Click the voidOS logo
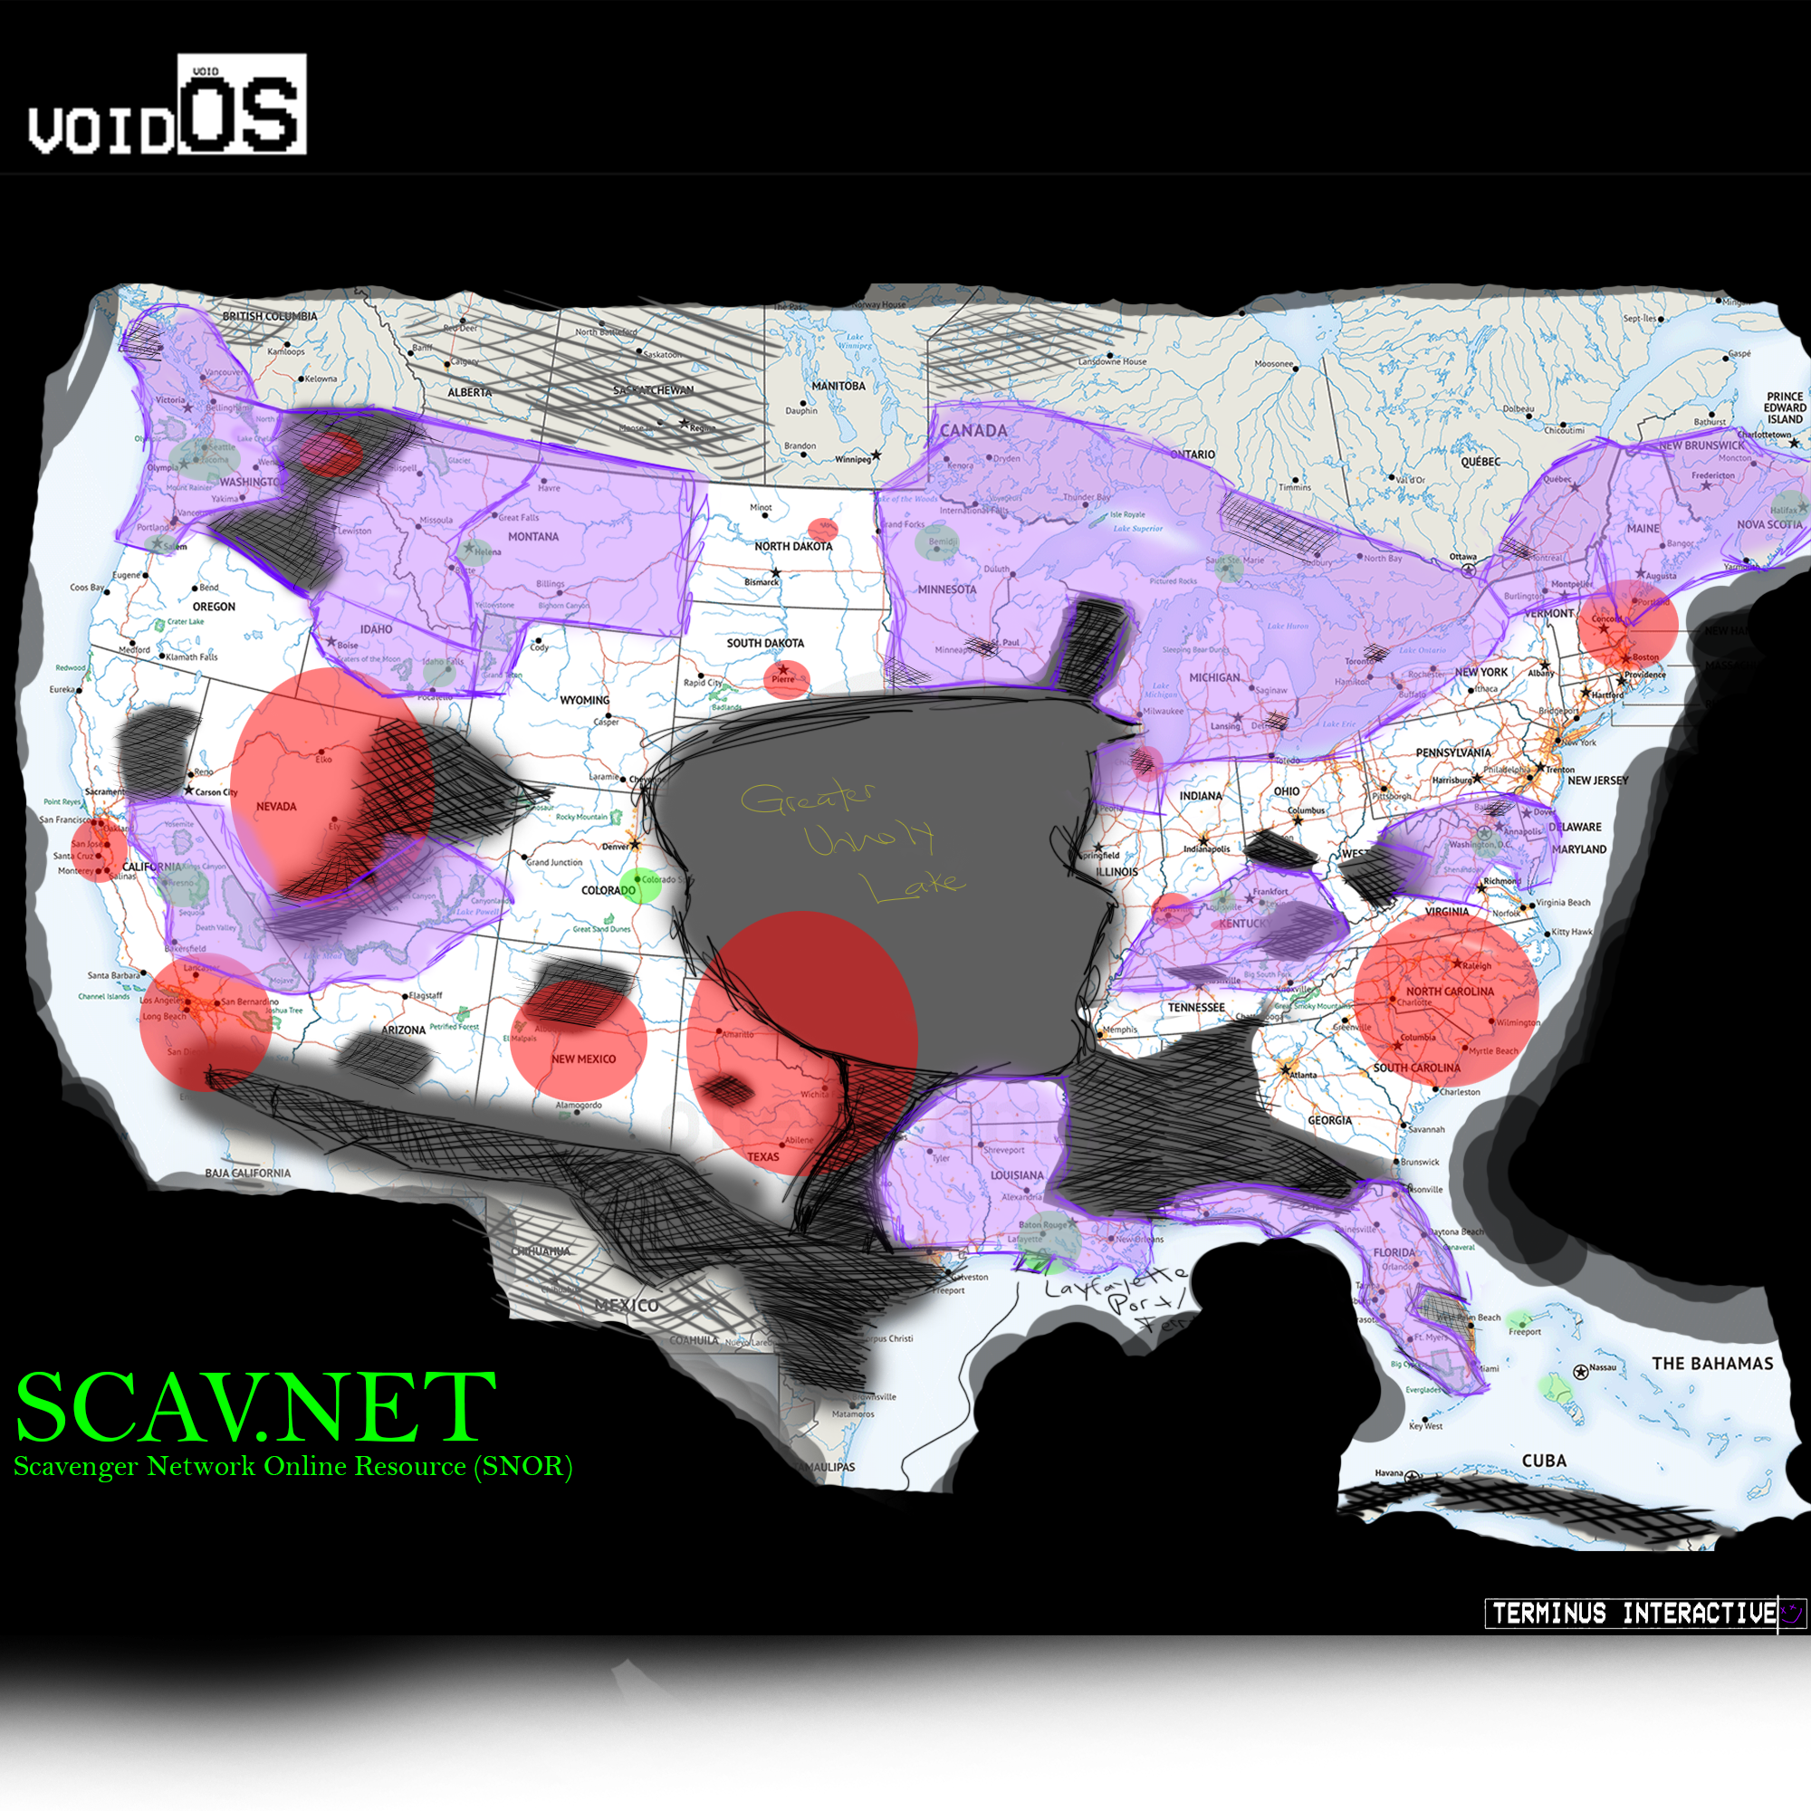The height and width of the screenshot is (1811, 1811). pyautogui.click(x=167, y=105)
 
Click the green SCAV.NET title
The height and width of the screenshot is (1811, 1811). pyautogui.click(x=255, y=1407)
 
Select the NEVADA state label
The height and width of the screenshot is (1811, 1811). pyautogui.click(x=275, y=806)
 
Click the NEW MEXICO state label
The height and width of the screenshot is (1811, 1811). pyautogui.click(x=583, y=1059)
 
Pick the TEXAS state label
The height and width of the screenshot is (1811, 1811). pyautogui.click(x=763, y=1156)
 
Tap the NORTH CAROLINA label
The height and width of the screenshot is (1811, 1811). pyautogui.click(x=1449, y=992)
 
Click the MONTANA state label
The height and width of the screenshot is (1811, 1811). pyautogui.click(x=532, y=537)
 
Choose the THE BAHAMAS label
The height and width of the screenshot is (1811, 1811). pyautogui.click(x=1712, y=1364)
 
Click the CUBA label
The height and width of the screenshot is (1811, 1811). pyautogui.click(x=1544, y=1461)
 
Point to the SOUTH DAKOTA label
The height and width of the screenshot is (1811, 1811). pyautogui.click(x=765, y=643)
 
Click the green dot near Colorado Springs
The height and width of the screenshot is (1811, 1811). pyautogui.click(x=642, y=885)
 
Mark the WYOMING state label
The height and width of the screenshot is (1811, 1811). pyautogui.click(x=584, y=700)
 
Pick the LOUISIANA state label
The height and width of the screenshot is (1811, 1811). pyautogui.click(x=1017, y=1175)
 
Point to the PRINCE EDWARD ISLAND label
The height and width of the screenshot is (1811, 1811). pyautogui.click(x=1784, y=407)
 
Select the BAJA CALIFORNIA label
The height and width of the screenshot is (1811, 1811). pyautogui.click(x=247, y=1173)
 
